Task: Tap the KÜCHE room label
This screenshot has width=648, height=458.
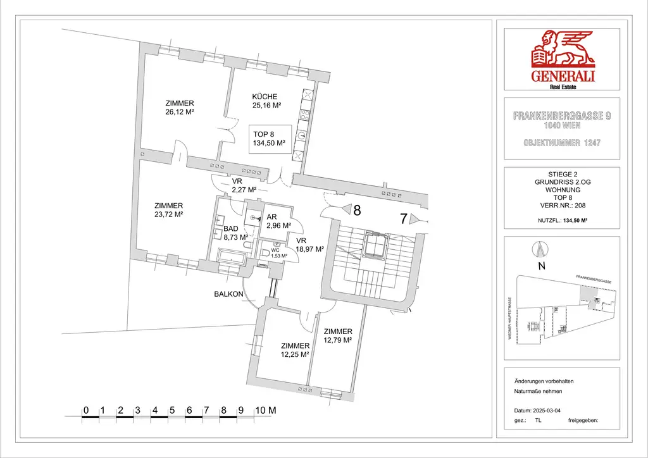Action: (x=265, y=97)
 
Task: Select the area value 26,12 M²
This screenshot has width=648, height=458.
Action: (x=179, y=112)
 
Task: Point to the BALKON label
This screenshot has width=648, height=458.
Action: (x=228, y=294)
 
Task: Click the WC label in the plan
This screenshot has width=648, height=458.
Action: (x=275, y=249)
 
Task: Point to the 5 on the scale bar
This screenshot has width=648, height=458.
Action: (x=171, y=411)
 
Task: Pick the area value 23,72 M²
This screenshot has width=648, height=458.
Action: (x=168, y=214)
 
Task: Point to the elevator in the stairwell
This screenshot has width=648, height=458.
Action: (x=375, y=247)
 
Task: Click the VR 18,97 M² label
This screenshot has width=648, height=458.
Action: (x=309, y=245)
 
